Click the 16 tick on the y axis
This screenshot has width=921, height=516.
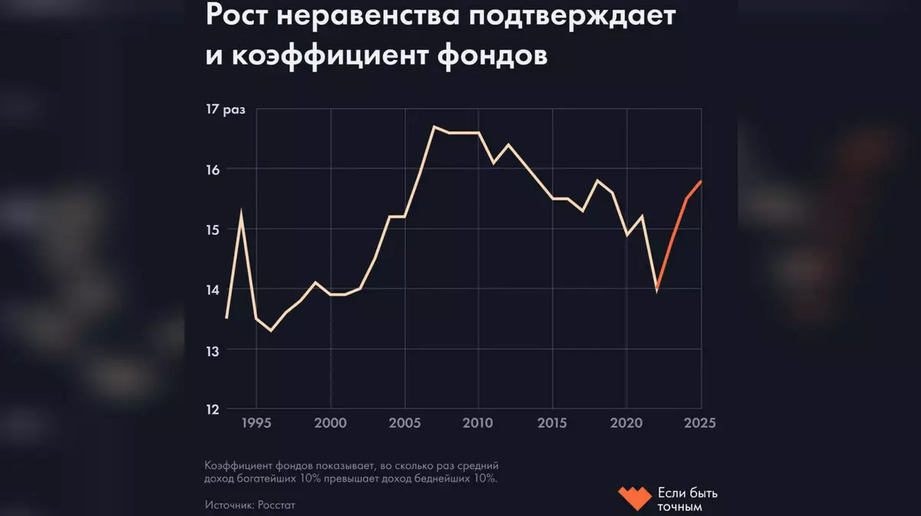[214, 169]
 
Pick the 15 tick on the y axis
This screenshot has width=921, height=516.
[214, 230]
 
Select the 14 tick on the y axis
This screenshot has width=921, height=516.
[214, 289]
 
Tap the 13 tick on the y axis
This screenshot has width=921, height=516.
[214, 350]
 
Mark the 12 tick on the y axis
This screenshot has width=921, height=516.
[214, 409]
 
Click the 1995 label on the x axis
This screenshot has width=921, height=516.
[256, 424]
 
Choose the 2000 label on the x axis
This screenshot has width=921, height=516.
[330, 424]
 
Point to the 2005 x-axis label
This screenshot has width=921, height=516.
[404, 424]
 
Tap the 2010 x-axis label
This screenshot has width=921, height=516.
[479, 424]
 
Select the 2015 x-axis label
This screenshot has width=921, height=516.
[553, 424]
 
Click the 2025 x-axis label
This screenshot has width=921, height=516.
[701, 424]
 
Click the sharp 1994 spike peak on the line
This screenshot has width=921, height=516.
[242, 211]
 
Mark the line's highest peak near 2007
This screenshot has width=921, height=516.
[434, 127]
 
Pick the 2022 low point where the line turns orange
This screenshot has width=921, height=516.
[657, 289]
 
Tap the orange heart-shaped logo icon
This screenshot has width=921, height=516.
[634, 498]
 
